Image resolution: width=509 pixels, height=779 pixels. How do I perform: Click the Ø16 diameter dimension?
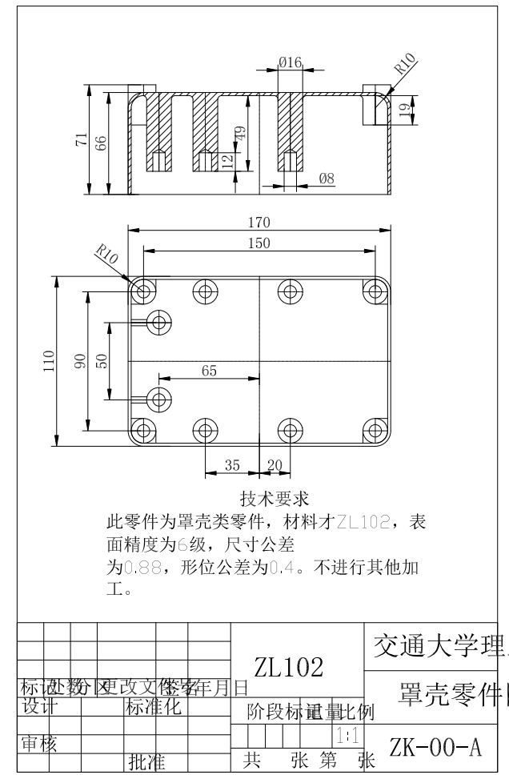290,62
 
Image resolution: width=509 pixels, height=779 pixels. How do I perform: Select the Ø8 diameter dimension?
327,179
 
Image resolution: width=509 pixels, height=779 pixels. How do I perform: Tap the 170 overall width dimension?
260,223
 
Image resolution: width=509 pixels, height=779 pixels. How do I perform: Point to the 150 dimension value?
259,243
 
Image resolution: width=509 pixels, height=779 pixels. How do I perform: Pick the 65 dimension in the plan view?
209,371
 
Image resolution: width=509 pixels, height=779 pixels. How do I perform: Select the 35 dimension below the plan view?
232,465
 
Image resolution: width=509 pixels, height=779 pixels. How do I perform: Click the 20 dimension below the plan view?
274,465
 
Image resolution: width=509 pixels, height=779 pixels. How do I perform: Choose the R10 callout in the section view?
406,65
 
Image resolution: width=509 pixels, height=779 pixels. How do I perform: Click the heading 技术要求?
275,501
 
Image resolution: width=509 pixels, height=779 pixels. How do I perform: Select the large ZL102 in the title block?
289,667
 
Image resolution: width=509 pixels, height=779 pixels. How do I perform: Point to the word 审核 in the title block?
38,744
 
